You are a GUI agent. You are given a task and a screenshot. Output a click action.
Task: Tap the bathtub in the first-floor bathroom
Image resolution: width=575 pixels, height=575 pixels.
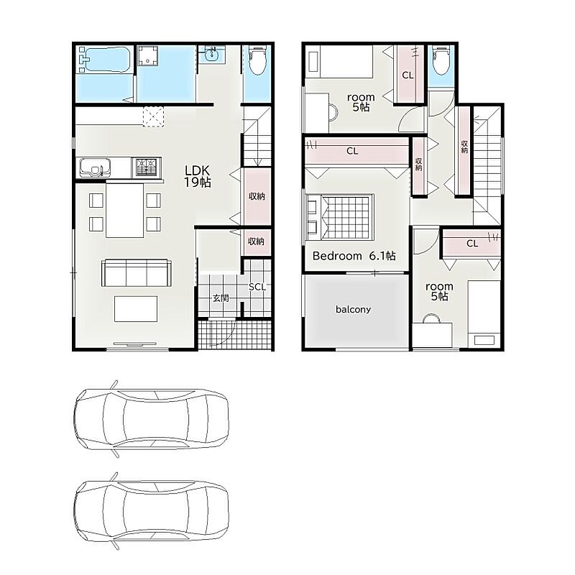tap(104, 60)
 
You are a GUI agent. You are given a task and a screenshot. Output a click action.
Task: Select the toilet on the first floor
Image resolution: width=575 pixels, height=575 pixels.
tap(257, 60)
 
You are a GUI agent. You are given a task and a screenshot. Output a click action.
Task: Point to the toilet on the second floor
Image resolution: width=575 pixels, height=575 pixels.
tap(441, 60)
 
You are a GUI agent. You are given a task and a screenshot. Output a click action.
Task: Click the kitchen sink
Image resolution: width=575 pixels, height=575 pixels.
tap(95, 168)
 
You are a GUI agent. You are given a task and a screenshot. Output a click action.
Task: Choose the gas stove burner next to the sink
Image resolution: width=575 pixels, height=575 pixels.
tap(147, 167)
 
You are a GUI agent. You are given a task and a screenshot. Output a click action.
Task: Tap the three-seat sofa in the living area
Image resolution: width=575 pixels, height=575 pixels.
tap(137, 273)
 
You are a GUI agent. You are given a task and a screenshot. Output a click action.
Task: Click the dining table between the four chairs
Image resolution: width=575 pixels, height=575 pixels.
tap(124, 210)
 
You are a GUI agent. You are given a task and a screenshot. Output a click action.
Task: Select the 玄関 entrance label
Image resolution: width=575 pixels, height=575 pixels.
tap(221, 298)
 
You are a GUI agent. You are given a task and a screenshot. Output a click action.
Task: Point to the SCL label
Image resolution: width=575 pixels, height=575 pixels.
tap(257, 287)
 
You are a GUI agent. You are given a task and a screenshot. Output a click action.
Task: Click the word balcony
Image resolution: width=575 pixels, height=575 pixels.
tap(353, 310)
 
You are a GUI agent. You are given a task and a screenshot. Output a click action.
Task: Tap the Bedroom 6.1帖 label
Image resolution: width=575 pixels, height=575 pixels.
tap(354, 256)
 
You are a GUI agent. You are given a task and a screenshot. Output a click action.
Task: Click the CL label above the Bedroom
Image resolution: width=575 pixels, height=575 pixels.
tap(352, 151)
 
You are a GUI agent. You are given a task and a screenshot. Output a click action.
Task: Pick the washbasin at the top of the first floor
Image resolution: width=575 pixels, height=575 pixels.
tap(211, 55)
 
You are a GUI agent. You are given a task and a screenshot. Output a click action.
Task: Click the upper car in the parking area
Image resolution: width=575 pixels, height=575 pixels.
tap(151, 419)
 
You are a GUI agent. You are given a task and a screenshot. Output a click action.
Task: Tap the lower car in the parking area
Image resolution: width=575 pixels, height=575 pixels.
tap(151, 512)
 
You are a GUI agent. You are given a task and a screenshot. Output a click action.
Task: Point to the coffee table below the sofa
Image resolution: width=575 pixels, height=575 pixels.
tap(136, 309)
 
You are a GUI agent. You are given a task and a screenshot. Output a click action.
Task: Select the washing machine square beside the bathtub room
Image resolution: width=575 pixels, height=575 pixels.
tap(148, 56)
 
